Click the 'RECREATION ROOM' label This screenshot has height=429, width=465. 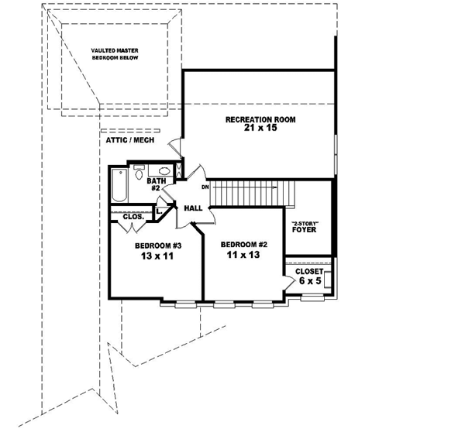point(260,119)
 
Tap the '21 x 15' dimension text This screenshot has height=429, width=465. point(260,129)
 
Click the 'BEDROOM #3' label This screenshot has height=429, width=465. point(157,246)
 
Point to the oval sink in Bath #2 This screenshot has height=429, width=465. point(164,172)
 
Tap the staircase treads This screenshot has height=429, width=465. point(248,189)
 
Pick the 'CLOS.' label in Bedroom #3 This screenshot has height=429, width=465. point(133,218)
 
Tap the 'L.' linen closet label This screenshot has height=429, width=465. point(159,211)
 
